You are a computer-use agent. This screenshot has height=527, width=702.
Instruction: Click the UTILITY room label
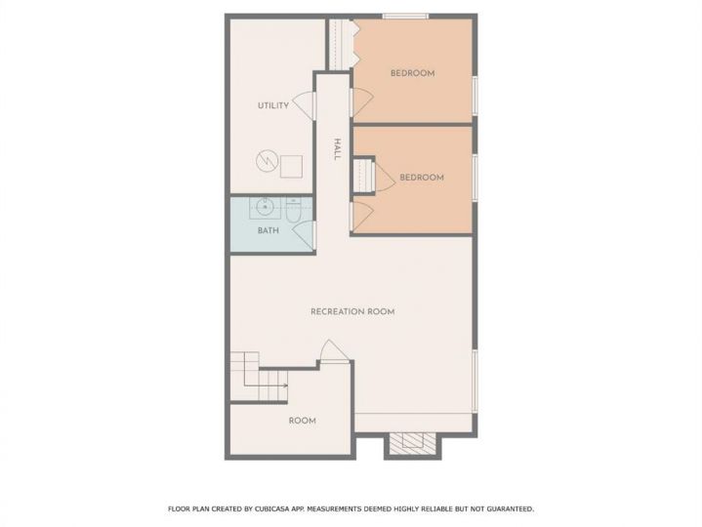[273, 105]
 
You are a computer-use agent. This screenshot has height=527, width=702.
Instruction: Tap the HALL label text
[337, 149]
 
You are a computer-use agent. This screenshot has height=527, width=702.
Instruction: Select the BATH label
[268, 230]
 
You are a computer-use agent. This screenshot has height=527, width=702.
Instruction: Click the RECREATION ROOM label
[352, 311]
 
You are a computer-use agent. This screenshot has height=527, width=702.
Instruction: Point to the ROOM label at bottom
[303, 421]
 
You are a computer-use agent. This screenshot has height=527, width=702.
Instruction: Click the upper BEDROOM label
[412, 73]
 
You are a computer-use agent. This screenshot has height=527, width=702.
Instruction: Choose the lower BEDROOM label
[422, 178]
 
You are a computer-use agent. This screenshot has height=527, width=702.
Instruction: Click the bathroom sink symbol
[265, 207]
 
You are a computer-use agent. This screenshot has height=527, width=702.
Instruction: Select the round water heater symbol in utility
[267, 160]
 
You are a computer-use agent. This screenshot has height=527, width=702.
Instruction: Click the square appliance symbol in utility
[291, 167]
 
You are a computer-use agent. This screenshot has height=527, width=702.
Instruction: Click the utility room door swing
[303, 106]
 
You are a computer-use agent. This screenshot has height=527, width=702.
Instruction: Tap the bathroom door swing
[304, 234]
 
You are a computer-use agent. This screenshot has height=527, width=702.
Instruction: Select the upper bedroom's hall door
[362, 102]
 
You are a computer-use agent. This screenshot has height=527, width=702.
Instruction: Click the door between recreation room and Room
[333, 350]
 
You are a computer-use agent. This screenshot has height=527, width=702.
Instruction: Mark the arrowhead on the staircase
[285, 385]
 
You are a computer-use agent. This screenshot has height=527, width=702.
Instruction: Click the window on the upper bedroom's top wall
[405, 17]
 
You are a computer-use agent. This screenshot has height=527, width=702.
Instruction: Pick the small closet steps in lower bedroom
[363, 175]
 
